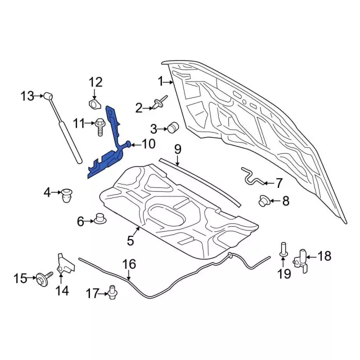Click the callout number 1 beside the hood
[x=160, y=82]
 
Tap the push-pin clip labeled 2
[x=159, y=104]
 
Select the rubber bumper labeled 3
[x=173, y=127]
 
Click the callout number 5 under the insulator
[x=130, y=241]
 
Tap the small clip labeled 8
[x=264, y=200]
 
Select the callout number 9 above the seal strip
[x=177, y=149]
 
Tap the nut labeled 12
[x=94, y=104]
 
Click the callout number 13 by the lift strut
[x=28, y=96]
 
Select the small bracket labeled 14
[x=64, y=265]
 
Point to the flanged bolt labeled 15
[x=42, y=277]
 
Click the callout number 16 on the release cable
[x=129, y=264]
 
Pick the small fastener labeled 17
[x=112, y=292]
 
